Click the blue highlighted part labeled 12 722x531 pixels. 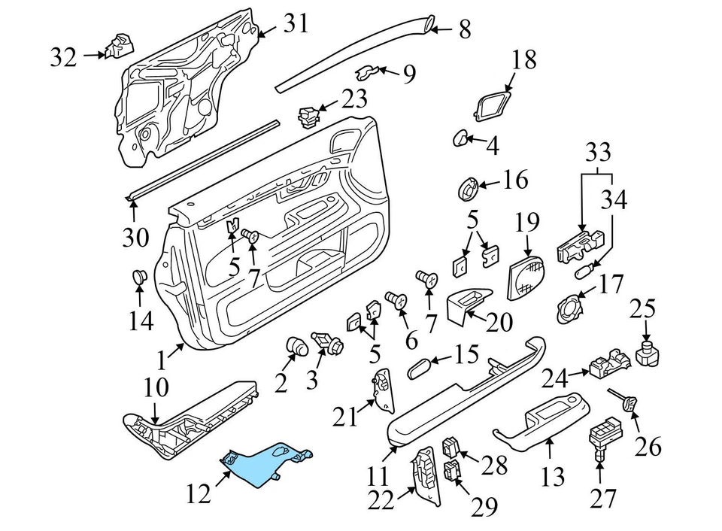pos(267,463)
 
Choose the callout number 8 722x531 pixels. pos(465,29)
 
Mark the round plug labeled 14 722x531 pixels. pos(140,279)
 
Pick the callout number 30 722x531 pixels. pos(135,238)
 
